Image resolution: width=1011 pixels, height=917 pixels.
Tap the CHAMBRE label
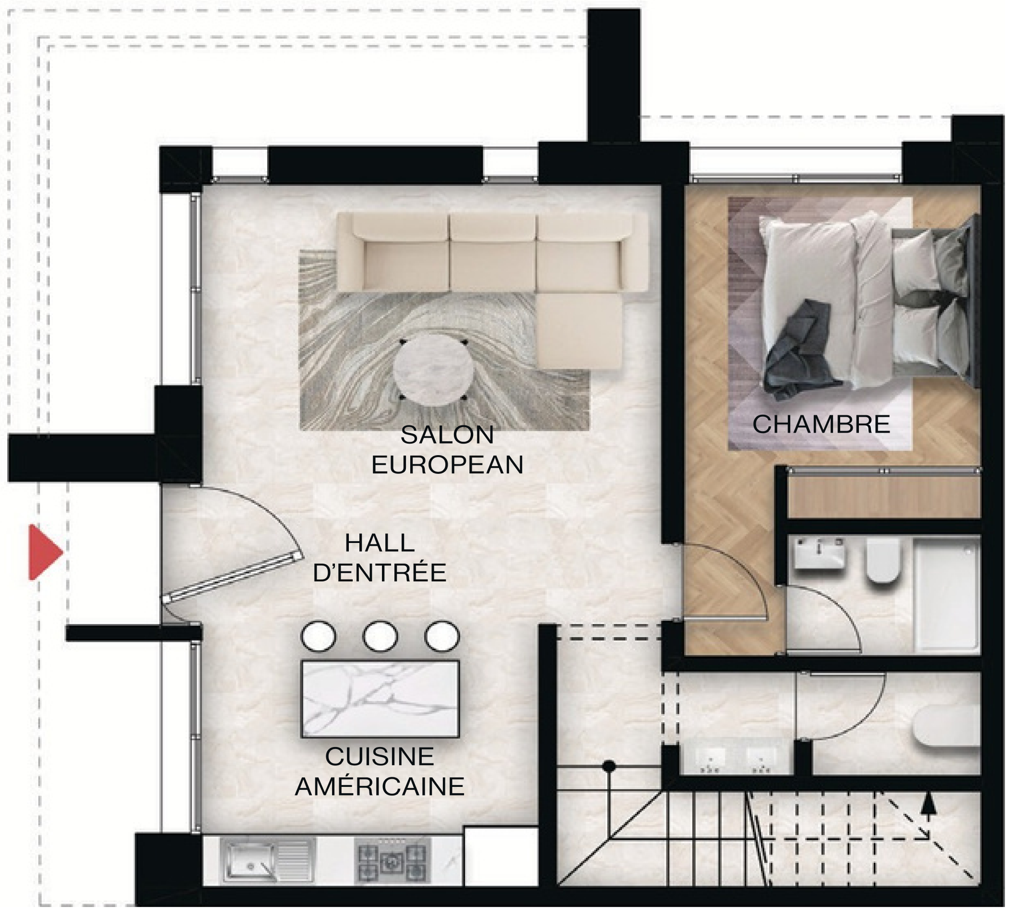(x=821, y=424)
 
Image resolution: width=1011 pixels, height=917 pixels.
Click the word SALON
(x=447, y=434)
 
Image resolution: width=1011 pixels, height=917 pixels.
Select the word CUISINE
(x=380, y=757)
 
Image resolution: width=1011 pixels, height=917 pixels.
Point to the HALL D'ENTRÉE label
(x=380, y=558)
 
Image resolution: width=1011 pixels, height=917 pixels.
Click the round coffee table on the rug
(x=433, y=370)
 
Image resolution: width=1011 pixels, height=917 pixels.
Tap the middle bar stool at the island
(x=380, y=637)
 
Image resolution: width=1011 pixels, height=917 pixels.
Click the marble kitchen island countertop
(x=380, y=699)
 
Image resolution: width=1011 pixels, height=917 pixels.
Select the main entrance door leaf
(x=233, y=578)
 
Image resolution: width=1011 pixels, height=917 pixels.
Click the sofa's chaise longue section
(x=579, y=330)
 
